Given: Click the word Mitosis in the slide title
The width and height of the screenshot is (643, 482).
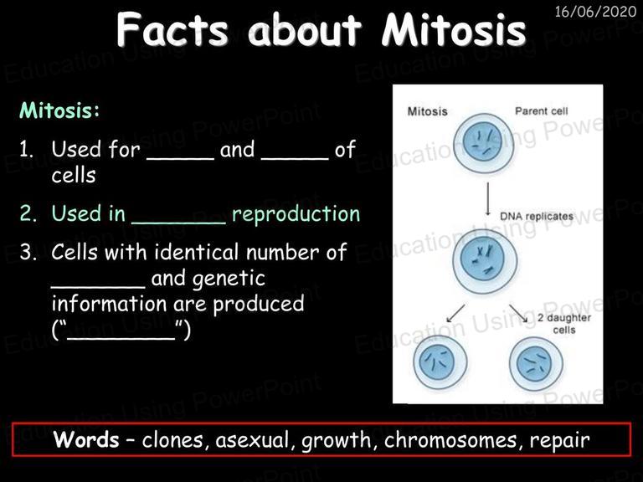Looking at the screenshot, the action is [x=454, y=29].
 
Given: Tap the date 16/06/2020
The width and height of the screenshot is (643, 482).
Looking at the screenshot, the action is [x=595, y=11].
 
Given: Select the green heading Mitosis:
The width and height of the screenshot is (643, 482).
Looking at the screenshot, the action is [x=59, y=110].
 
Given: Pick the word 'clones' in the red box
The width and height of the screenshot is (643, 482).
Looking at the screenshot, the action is [x=172, y=440].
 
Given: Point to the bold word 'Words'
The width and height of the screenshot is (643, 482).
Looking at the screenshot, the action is [x=86, y=440].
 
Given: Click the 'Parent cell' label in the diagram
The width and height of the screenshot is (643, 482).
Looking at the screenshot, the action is [x=542, y=111].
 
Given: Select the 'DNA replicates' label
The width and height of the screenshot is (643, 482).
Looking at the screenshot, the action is [x=537, y=217].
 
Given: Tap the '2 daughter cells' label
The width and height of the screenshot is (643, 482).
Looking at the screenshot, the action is [x=564, y=324].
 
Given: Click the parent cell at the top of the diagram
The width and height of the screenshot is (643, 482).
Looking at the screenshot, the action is [x=483, y=143].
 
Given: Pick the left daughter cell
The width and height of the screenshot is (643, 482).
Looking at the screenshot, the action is [x=440, y=362].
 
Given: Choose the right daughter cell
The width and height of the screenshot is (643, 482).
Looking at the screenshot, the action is [x=536, y=363].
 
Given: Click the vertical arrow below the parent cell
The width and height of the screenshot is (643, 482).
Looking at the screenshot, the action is [x=487, y=199].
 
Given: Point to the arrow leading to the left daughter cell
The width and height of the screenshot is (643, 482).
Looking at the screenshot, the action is [x=455, y=314].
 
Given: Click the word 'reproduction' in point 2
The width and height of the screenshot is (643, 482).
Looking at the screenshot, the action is [x=296, y=214].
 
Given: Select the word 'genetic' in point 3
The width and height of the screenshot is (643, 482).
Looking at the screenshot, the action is [x=229, y=279].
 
